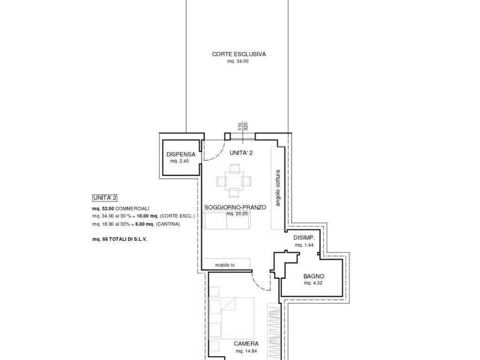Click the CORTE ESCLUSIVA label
[239, 54]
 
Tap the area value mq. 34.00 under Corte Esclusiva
[238, 61]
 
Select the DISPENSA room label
[180, 155]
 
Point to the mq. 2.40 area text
[180, 161]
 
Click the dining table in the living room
[234, 181]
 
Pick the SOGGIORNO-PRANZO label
[235, 207]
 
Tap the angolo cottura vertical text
[277, 188]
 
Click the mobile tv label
[225, 265]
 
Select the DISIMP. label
[304, 238]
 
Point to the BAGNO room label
[314, 277]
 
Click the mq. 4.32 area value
[313, 283]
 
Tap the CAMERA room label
[246, 344]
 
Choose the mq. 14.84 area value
[246, 351]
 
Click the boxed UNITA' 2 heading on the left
[105, 198]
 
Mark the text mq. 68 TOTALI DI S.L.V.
[120, 240]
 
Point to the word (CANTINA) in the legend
[168, 224]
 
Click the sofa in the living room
[226, 220]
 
